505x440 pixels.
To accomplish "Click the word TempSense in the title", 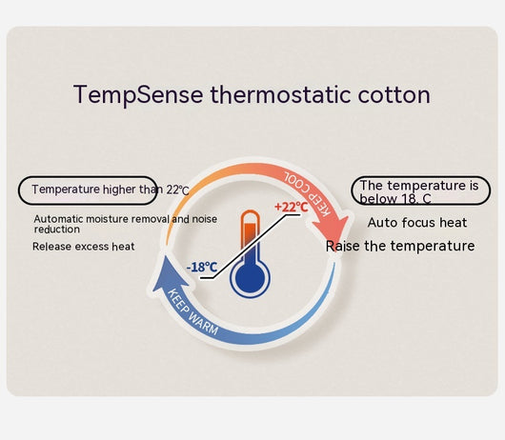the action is click(x=138, y=95).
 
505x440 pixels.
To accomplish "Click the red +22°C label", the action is click(x=292, y=207).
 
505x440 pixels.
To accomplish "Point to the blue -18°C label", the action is click(x=202, y=267).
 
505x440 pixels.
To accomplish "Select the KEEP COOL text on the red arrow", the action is click(x=307, y=193).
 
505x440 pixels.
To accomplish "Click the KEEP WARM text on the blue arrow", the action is click(x=193, y=311).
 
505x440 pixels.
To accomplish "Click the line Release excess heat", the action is click(x=84, y=247).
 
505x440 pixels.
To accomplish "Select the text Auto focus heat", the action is click(x=417, y=223).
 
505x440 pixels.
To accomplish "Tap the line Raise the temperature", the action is click(x=400, y=246).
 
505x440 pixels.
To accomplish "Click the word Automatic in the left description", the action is click(x=59, y=219).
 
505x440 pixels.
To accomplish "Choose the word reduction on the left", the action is click(x=57, y=230).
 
